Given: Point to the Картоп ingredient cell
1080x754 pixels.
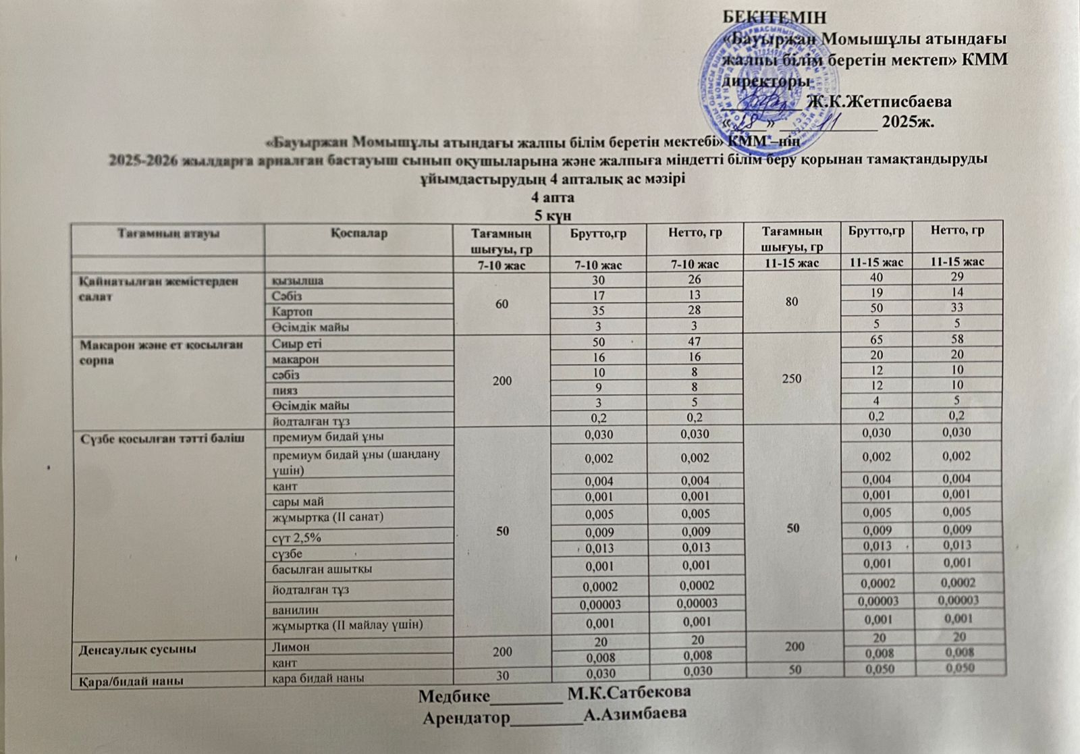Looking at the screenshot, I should click(292, 312).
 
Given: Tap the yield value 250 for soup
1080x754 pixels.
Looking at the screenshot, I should click(790, 379).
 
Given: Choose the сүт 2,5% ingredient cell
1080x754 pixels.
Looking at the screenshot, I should click(296, 538).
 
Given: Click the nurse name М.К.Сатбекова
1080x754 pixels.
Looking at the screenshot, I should click(629, 693).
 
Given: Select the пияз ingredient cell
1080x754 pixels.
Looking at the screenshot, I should click(284, 390).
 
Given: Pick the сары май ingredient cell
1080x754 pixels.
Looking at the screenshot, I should click(298, 502).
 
